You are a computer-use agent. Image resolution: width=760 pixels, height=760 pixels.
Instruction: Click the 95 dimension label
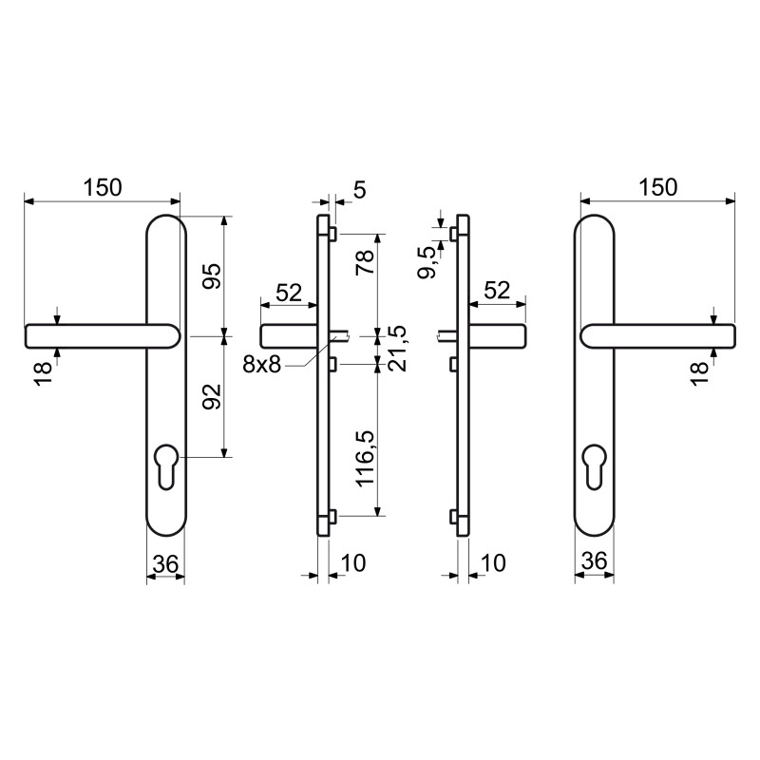(x=212, y=276)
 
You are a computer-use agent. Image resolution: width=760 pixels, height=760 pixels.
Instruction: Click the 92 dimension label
(x=212, y=396)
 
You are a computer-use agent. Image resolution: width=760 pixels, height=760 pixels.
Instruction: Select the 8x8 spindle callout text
(x=262, y=364)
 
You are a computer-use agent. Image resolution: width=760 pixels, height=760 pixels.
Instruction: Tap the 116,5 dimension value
(x=366, y=458)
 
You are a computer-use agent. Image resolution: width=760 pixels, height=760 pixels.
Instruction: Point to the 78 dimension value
(x=366, y=262)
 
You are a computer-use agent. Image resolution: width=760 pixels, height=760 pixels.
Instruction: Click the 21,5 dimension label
(x=396, y=348)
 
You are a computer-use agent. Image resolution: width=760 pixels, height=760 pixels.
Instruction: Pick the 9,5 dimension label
(x=427, y=262)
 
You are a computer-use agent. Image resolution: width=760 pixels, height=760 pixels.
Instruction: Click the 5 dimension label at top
(x=360, y=189)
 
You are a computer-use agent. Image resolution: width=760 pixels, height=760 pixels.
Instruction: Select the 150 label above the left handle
(x=103, y=187)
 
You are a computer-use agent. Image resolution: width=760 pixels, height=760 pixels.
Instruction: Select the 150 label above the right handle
(x=657, y=187)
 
